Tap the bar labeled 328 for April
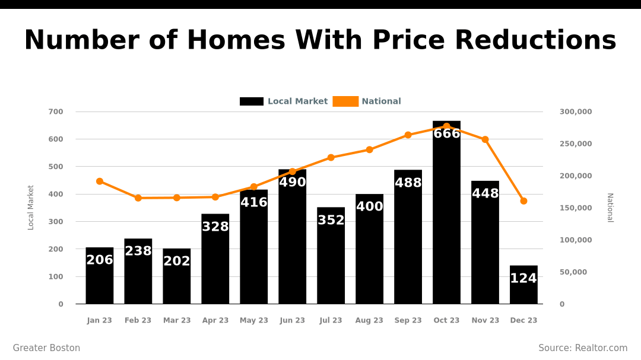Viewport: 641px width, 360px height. coord(215,261)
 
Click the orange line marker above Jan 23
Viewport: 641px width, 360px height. coord(100,181)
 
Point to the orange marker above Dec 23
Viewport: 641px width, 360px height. coord(523,201)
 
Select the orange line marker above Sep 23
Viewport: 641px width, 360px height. coord(408,135)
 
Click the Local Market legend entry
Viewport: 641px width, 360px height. coord(284,101)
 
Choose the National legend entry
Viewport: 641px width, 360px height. coord(367,101)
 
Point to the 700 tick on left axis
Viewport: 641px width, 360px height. coord(56,111)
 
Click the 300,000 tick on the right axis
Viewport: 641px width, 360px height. coord(576,111)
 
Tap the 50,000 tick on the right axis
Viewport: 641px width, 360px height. coord(573,272)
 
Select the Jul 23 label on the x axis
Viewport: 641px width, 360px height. coord(331,320)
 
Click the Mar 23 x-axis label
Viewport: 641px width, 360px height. coord(177,320)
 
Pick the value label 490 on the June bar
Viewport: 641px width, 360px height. coord(293,183)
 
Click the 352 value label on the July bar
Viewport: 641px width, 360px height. coord(331,221)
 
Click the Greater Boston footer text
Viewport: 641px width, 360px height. coord(46,348)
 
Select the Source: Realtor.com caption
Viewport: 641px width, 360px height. coord(583,348)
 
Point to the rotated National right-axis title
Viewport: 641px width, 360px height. coord(610,208)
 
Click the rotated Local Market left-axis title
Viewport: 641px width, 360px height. coord(31,208)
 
